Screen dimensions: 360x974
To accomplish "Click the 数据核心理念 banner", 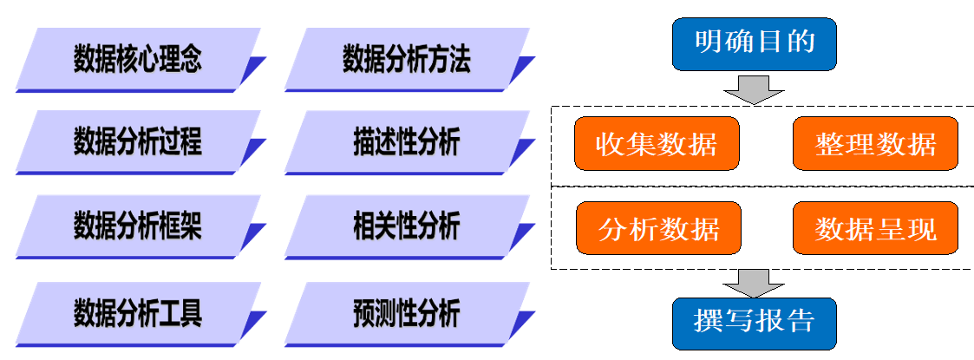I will (137, 61).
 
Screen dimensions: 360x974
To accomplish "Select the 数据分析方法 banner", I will (406, 61).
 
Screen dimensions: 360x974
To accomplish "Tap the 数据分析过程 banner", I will (137, 142).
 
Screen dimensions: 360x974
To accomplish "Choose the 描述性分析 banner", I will (406, 142).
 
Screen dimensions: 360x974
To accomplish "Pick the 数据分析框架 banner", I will (137, 227).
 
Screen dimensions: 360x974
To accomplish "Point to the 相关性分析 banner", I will (406, 227).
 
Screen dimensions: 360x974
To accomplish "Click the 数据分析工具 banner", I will (137, 313).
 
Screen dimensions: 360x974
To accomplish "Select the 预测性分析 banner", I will (406, 313).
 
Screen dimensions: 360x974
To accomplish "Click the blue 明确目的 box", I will (755, 43).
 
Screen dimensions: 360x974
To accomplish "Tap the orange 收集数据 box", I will (657, 143).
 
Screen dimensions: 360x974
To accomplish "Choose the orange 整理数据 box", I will (875, 143).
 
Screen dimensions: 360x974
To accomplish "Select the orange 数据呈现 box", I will (875, 229).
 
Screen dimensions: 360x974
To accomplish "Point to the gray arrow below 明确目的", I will (754, 88).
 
